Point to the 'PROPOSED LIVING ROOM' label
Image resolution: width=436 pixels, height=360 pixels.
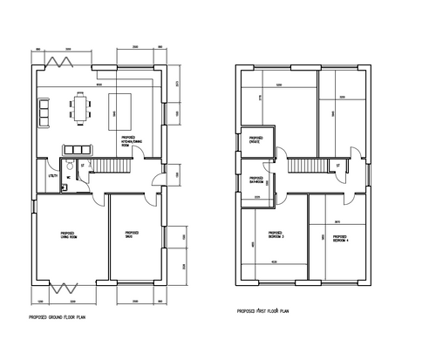click(x=68, y=235)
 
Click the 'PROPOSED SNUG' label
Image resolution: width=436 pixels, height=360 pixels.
click(x=133, y=234)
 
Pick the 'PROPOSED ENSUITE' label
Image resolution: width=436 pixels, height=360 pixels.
click(x=256, y=139)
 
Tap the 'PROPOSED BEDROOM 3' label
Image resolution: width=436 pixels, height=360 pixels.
click(x=275, y=234)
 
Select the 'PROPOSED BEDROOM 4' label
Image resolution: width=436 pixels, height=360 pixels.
click(x=339, y=236)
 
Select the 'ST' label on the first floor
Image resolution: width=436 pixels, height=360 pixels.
click(x=337, y=164)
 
